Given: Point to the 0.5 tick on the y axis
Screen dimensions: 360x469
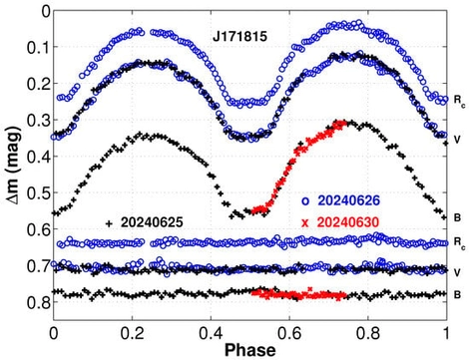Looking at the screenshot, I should [x=37, y=193].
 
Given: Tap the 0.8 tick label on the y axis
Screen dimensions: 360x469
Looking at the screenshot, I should [x=37, y=303].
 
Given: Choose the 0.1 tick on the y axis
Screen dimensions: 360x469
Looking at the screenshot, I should [x=37, y=48].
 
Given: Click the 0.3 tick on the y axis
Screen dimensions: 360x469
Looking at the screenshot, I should [x=37, y=121].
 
